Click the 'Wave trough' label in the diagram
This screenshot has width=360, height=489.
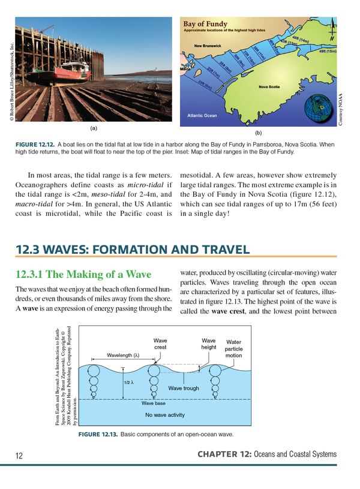183,389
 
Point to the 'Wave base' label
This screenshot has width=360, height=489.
153,403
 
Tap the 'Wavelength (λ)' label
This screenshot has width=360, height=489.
124,355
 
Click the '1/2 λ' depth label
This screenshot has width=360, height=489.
128,382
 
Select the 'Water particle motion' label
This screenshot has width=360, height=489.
233,349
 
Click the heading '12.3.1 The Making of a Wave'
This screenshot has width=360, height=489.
82,275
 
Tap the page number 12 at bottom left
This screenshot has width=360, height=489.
19,456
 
